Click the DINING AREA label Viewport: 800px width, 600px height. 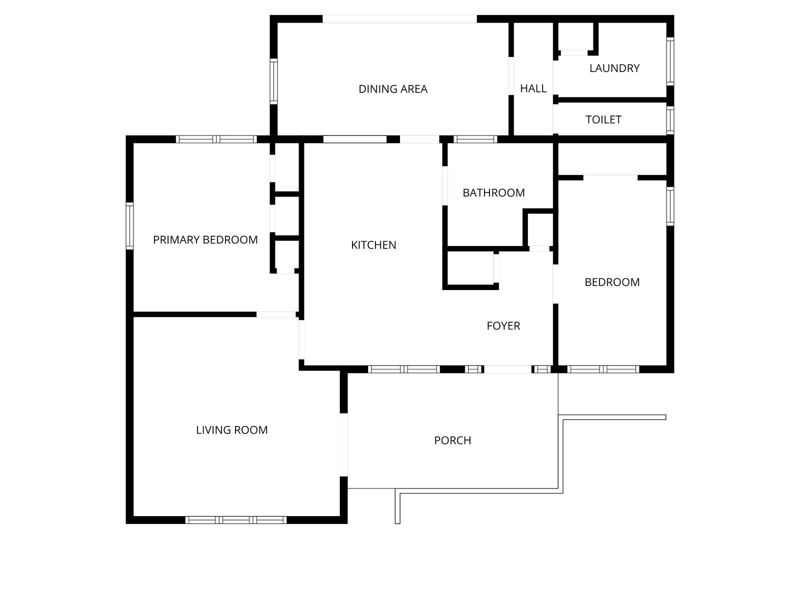click(x=392, y=89)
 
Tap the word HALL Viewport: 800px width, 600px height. click(x=533, y=88)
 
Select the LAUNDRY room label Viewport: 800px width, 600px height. click(x=614, y=68)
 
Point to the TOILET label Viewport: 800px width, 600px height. click(x=603, y=119)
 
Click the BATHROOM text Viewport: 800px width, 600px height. click(x=493, y=192)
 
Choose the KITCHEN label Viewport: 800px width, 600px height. click(x=373, y=245)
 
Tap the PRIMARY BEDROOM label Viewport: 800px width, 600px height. click(x=205, y=239)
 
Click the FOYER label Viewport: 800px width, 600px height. click(x=503, y=325)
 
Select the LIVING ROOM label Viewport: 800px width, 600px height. click(x=232, y=430)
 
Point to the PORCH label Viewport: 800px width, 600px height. click(x=452, y=440)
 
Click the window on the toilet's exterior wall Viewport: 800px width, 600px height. click(x=670, y=120)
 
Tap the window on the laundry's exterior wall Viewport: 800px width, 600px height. click(x=670, y=61)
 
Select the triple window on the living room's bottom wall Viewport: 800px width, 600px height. click(x=236, y=520)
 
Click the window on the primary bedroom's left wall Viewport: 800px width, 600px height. click(x=129, y=226)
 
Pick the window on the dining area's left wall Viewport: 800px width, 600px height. click(x=273, y=81)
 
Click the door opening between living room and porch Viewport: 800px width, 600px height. click(x=343, y=444)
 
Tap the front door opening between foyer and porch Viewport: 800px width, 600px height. click(x=507, y=369)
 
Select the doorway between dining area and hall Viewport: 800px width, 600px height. click(x=511, y=76)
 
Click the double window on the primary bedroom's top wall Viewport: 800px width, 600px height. click(x=216, y=139)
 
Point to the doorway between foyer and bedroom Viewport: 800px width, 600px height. click(x=555, y=284)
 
